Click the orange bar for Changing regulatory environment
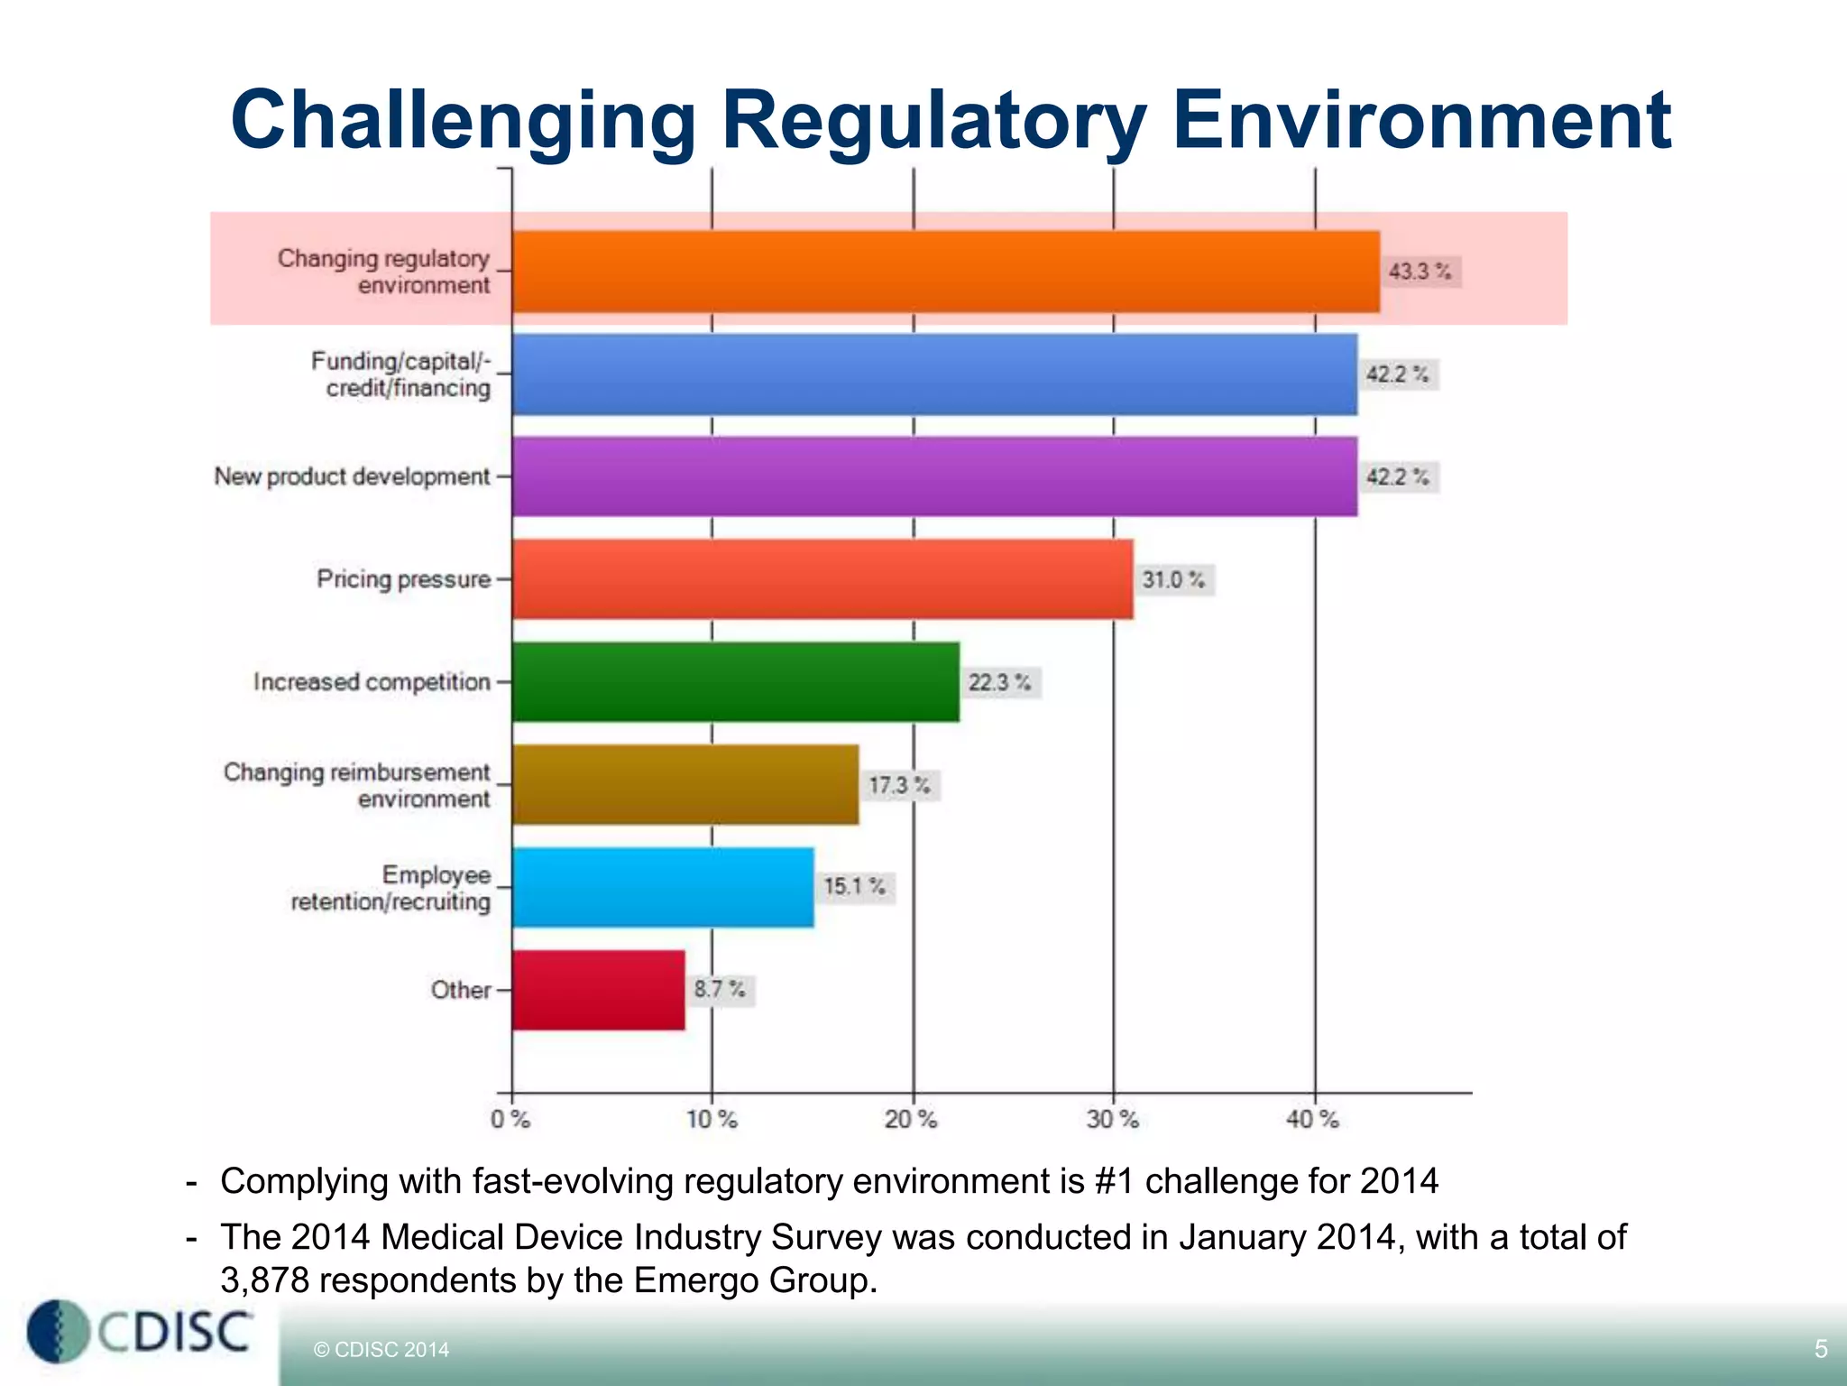pyautogui.click(x=945, y=272)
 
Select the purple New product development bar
pyautogui.click(x=934, y=476)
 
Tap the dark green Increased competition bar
pyautogui.click(x=735, y=682)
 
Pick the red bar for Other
pyautogui.click(x=598, y=990)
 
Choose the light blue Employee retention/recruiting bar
pyautogui.click(x=663, y=887)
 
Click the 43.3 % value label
pyautogui.click(x=1420, y=272)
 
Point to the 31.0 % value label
pyautogui.click(x=1173, y=579)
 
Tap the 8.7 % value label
pyautogui.click(x=720, y=990)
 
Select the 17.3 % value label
pyautogui.click(x=899, y=785)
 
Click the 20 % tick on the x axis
pyautogui.click(x=911, y=1120)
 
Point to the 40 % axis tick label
pyautogui.click(x=1312, y=1120)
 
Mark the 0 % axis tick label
pyautogui.click(x=510, y=1120)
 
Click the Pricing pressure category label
pyautogui.click(x=403, y=579)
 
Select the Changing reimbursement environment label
pyautogui.click(x=358, y=785)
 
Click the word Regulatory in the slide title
pyautogui.click(x=933, y=122)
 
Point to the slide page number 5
pyautogui.click(x=1821, y=1349)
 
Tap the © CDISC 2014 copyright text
pyautogui.click(x=381, y=1350)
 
